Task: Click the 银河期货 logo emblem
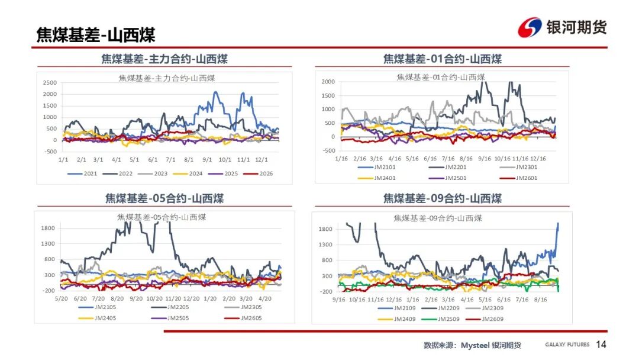[x=530, y=27]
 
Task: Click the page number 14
[x=601, y=345]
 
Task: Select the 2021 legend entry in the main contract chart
[x=82, y=173]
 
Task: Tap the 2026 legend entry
[x=258, y=173]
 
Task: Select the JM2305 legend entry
[x=243, y=307]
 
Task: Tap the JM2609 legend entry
[x=485, y=319]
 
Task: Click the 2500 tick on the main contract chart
[x=50, y=82]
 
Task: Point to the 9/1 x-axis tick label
[x=207, y=159]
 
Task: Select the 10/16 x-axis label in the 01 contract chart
[x=502, y=158]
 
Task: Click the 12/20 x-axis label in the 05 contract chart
[x=192, y=298]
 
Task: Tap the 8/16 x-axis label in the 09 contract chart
[x=540, y=299]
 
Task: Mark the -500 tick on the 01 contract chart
[x=328, y=150]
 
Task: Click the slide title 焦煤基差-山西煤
[x=96, y=35]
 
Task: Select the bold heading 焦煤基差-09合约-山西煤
[x=442, y=198]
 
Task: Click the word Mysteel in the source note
[x=475, y=345]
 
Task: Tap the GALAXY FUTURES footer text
[x=567, y=345]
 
